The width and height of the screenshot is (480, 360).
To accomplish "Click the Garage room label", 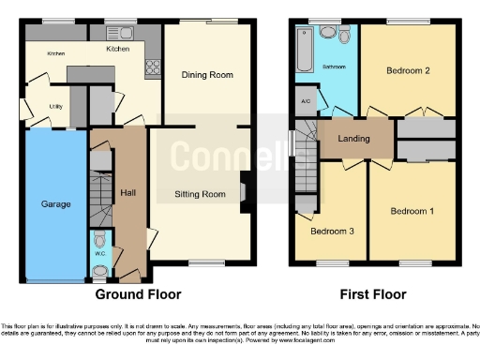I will pyautogui.click(x=54, y=203).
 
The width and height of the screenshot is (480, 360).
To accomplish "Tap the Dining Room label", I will pyautogui.click(x=206, y=74).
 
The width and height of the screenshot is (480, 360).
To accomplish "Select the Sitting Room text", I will pyautogui.click(x=201, y=195).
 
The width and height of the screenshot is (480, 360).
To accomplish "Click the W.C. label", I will pyautogui.click(x=99, y=252).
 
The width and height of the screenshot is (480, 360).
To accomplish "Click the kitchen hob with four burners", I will pyautogui.click(x=150, y=67).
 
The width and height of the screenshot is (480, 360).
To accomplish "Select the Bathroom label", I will pyautogui.click(x=335, y=67).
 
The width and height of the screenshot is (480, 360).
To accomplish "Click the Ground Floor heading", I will pyautogui.click(x=138, y=293).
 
